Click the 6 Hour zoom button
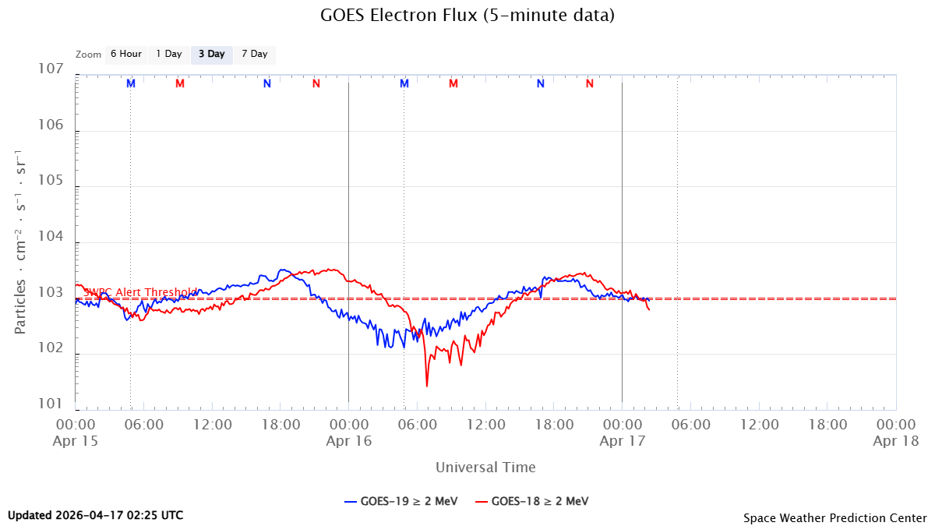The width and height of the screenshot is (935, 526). (x=125, y=54)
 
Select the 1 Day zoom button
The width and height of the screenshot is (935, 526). (x=168, y=54)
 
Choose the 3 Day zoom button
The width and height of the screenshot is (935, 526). (x=211, y=54)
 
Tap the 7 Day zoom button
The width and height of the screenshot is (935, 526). (x=254, y=54)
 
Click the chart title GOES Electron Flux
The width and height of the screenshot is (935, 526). (x=467, y=15)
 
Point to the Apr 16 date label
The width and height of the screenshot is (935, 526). (x=348, y=440)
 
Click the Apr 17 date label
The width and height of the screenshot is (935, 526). (x=621, y=440)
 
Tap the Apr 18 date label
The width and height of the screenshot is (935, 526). (x=894, y=440)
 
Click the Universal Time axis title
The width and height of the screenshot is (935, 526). (x=485, y=467)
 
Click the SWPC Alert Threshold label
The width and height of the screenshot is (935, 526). (x=140, y=292)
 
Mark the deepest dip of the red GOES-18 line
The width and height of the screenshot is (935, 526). (x=427, y=385)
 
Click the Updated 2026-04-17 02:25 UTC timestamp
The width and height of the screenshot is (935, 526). (x=96, y=515)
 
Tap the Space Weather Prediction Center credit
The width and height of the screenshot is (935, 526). (x=834, y=517)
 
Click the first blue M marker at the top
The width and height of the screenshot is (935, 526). (x=131, y=83)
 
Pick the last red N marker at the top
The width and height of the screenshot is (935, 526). (x=589, y=83)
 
